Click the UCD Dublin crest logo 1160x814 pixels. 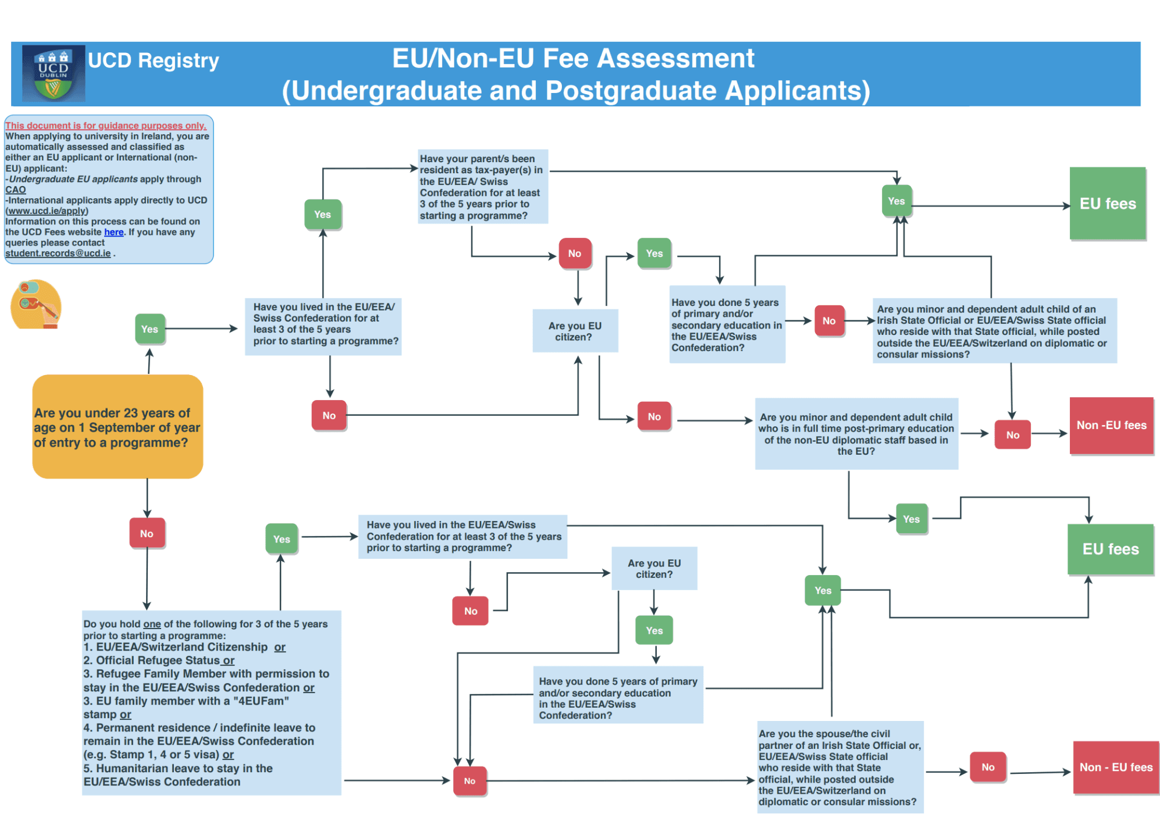tap(54, 73)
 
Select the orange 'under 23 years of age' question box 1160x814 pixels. tap(118, 427)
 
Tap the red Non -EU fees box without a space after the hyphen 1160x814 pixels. tap(1111, 426)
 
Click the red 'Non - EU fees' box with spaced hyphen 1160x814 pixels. tap(1116, 767)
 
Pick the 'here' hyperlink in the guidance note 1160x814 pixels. tap(114, 232)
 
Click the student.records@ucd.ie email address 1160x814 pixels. tap(58, 254)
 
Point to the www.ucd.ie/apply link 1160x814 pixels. tap(47, 211)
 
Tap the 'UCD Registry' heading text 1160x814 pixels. tap(154, 60)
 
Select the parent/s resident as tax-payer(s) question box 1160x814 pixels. tap(482, 187)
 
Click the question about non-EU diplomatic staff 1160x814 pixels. tap(856, 434)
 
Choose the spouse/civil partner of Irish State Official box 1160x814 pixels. tap(839, 767)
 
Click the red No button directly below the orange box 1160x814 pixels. tap(147, 533)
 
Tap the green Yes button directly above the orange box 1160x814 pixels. tap(150, 329)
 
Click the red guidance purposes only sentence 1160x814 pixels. tap(106, 126)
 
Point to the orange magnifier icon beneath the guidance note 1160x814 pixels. tap(36, 304)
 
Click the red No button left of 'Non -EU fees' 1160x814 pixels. tap(1012, 435)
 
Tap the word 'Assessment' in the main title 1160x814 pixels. tap(675, 59)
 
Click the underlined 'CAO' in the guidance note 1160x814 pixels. tap(16, 190)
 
